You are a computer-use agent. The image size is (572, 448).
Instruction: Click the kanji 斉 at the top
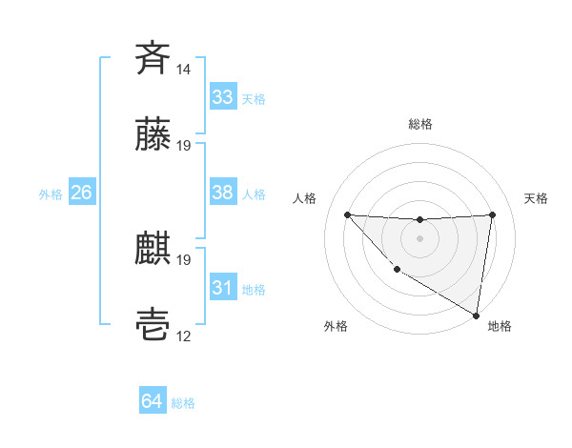[153, 58]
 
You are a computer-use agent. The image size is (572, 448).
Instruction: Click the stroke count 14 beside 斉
[184, 70]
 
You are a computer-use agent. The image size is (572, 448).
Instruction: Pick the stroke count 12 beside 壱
[184, 337]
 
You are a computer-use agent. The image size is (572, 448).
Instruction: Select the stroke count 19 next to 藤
[184, 146]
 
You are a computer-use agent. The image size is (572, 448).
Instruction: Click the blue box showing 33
[222, 97]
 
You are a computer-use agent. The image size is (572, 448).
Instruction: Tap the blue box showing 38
[222, 193]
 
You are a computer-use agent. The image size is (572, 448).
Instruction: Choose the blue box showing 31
[222, 288]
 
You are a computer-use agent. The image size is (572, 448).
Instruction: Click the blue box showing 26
[81, 193]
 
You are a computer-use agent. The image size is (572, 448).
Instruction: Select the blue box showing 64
[153, 401]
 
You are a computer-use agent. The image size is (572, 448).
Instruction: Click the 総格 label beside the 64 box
[183, 403]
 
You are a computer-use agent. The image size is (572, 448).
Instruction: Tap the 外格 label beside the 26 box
[51, 194]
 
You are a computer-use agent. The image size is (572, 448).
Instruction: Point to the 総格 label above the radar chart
[420, 124]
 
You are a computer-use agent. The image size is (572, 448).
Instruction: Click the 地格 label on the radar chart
[500, 326]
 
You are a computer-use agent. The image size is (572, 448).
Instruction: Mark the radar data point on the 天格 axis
[493, 214]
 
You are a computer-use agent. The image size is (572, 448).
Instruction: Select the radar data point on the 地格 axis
[477, 316]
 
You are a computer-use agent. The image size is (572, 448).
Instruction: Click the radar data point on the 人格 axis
[347, 214]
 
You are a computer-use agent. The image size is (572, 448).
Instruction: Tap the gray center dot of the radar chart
[419, 237]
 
